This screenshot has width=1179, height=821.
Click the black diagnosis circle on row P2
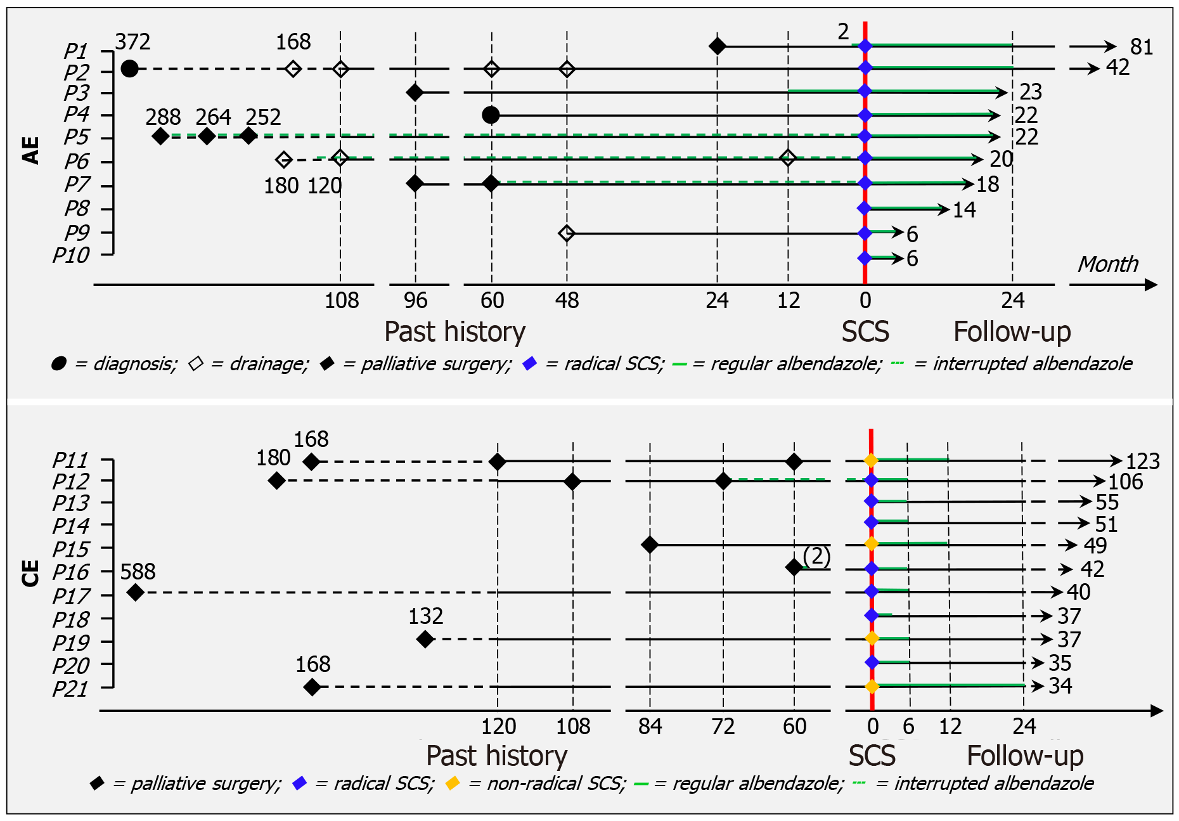[129, 68]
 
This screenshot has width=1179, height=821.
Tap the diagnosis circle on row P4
[491, 115]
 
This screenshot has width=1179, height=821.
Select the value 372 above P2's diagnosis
[132, 42]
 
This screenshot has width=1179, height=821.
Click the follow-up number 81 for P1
[1142, 47]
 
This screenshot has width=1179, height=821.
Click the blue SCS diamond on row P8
[864, 208]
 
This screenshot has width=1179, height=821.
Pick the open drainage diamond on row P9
[567, 233]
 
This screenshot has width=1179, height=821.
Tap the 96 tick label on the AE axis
[415, 301]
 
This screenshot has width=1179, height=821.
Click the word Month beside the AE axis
[1108, 264]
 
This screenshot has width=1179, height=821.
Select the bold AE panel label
[31, 150]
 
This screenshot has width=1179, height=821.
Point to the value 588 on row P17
[138, 572]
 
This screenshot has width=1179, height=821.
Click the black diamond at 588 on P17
[135, 593]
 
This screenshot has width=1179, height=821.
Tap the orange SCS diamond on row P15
[872, 544]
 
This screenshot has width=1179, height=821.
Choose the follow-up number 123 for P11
[1142, 461]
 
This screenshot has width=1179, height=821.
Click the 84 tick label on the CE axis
[650, 727]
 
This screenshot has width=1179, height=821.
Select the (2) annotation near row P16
[816, 556]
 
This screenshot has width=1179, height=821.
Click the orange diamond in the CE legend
[452, 784]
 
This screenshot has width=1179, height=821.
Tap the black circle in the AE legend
[59, 364]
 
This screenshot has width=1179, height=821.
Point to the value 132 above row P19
[425, 616]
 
